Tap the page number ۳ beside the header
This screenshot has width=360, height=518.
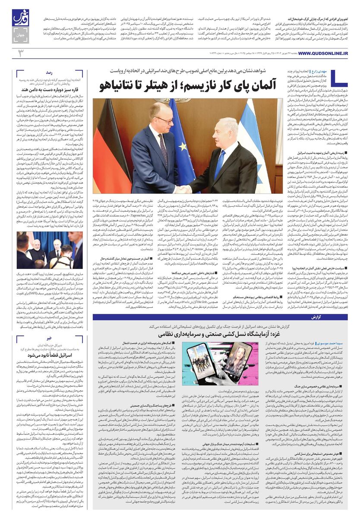coord(19,53)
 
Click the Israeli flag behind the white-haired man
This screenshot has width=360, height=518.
coord(257,142)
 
